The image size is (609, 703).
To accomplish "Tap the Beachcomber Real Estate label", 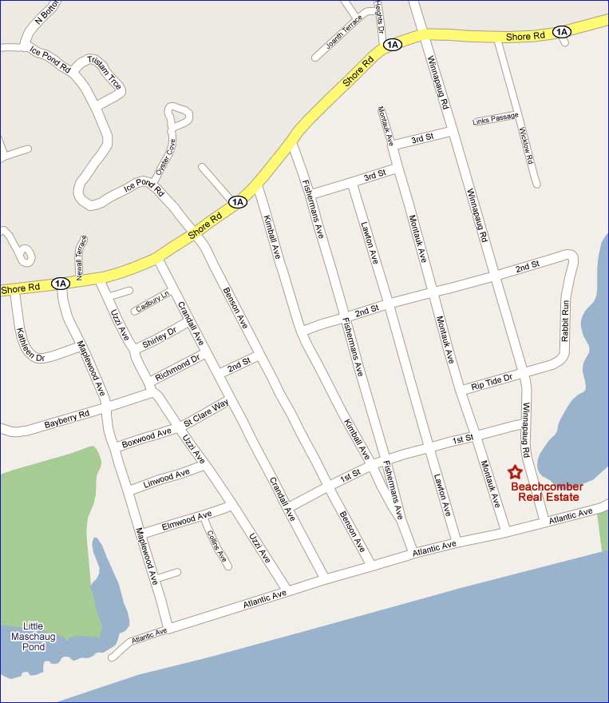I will pyautogui.click(x=547, y=491).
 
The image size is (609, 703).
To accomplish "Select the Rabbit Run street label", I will pyautogui.click(x=565, y=321).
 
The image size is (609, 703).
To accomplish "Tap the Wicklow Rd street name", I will pyautogui.click(x=525, y=145).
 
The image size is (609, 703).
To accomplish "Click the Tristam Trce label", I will pyautogui.click(x=104, y=73).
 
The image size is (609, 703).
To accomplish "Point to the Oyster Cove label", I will pyautogui.click(x=165, y=155).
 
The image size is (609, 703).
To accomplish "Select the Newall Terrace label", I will pyautogui.click(x=82, y=253).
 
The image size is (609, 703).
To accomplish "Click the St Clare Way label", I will pyautogui.click(x=206, y=411).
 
